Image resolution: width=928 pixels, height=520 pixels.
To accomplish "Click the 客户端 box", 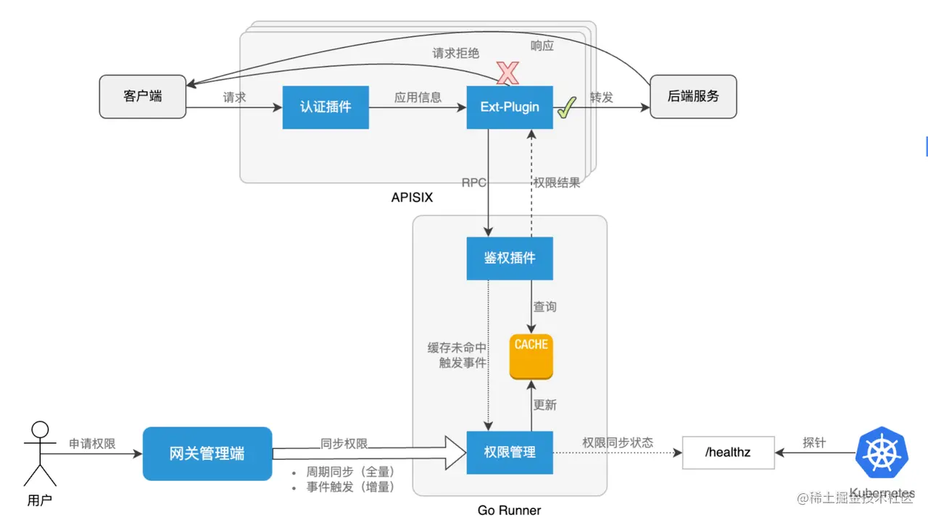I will [x=142, y=96].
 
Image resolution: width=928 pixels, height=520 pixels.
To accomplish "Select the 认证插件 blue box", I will [x=326, y=107].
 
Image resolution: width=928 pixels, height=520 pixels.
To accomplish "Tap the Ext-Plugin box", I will [x=510, y=107].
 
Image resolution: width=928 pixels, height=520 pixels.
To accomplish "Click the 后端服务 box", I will [x=693, y=96].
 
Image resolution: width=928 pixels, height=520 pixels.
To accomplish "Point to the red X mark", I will [x=507, y=72].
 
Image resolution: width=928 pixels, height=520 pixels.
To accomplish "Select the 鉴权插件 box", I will [x=510, y=259].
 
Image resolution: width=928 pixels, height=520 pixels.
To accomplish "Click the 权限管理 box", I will [x=510, y=453].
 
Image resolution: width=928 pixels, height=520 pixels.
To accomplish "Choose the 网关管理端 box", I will [x=207, y=454].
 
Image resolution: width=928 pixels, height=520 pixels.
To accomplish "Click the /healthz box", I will [x=728, y=453].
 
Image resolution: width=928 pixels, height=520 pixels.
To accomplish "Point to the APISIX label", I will [x=412, y=197].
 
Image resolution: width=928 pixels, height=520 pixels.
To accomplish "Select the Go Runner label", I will [x=509, y=510].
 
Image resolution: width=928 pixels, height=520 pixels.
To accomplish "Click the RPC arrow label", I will [x=474, y=183].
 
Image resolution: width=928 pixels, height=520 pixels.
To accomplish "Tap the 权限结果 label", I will [x=557, y=183].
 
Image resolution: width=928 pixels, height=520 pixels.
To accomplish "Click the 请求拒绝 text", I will [x=456, y=53].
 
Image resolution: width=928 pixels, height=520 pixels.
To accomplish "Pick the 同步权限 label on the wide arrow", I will [x=344, y=443].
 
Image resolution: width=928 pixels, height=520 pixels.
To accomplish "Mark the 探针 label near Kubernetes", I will [x=814, y=442].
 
